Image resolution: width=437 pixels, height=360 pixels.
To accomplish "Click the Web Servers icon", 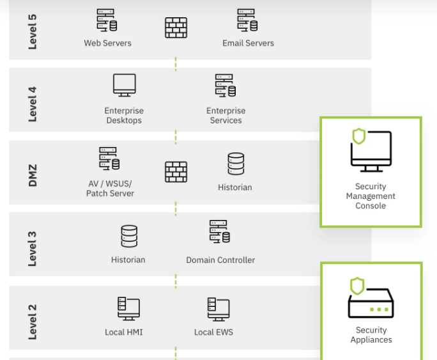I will (x=107, y=20).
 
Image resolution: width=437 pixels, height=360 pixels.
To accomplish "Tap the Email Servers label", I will (x=248, y=43).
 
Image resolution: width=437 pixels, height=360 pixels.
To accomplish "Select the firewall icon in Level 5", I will (x=176, y=28).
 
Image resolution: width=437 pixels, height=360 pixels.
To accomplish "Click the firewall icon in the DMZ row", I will (x=176, y=171).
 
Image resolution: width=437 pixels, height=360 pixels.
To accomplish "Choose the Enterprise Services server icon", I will (x=225, y=86).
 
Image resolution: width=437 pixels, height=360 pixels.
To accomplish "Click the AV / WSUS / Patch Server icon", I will (x=109, y=159).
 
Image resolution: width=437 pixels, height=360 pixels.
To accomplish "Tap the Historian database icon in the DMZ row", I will (x=235, y=164).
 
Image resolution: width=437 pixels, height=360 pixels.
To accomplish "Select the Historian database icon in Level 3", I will (x=128, y=236).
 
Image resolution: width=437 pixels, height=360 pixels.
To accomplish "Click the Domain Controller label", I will (x=220, y=260).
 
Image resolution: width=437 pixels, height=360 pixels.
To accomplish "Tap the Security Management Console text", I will (x=371, y=196).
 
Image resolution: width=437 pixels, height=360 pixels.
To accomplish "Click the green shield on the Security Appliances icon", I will (x=357, y=286).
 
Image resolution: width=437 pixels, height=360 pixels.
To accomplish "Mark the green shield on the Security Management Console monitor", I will (x=359, y=136).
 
